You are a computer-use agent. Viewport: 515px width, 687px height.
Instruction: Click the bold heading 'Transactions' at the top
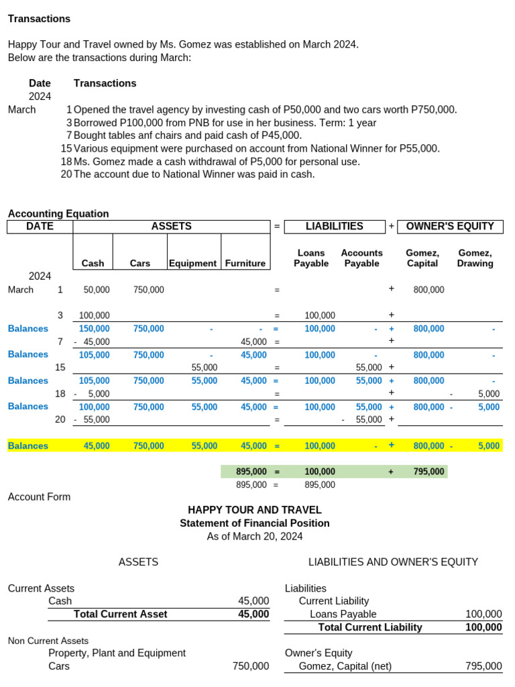(39, 19)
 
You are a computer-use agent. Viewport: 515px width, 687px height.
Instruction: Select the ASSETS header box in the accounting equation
(171, 227)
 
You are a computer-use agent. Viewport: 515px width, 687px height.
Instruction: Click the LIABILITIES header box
(334, 227)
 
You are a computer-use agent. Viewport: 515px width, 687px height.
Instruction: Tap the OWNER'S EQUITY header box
(450, 227)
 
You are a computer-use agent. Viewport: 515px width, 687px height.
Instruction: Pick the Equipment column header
(193, 264)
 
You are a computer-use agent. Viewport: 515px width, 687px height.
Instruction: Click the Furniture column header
(245, 264)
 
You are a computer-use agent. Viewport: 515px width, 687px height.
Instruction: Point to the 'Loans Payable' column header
(311, 258)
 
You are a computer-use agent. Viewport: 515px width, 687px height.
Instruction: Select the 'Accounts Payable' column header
(361, 258)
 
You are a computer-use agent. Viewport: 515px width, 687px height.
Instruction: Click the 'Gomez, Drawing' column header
(475, 258)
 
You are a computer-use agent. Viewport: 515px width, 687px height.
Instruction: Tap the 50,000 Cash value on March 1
(97, 290)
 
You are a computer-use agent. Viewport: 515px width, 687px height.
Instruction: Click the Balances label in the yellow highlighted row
(28, 445)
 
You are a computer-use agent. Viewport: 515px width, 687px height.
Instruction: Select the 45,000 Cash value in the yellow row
(97, 445)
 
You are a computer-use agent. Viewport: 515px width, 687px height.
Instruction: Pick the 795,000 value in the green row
(428, 472)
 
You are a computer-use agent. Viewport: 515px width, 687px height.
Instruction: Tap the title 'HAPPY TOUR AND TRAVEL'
(255, 510)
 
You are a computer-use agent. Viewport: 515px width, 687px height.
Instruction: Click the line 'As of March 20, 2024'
(255, 536)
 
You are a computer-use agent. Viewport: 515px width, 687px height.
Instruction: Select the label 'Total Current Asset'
(121, 614)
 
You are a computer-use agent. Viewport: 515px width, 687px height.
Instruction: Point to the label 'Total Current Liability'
(370, 627)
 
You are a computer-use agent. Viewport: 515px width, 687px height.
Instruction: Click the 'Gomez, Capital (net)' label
(345, 666)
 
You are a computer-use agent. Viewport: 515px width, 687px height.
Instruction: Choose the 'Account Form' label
(39, 497)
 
